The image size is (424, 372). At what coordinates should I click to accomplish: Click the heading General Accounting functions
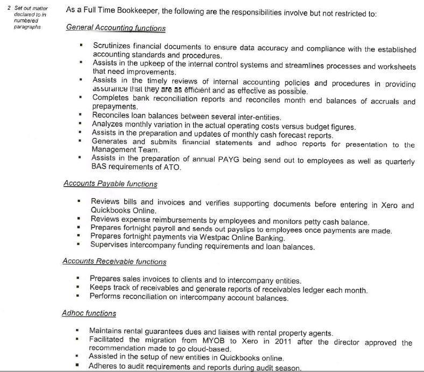click(x=116, y=28)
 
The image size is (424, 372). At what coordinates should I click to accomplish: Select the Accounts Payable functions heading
click(x=110, y=184)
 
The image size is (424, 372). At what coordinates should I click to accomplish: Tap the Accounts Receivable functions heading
click(x=114, y=262)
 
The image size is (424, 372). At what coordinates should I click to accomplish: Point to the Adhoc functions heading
click(x=89, y=313)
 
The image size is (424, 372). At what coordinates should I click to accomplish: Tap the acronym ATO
click(x=173, y=167)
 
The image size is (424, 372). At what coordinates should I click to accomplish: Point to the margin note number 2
click(x=9, y=9)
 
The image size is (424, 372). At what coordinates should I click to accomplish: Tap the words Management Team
click(x=125, y=150)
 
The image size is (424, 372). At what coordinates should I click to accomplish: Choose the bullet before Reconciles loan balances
click(x=80, y=116)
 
